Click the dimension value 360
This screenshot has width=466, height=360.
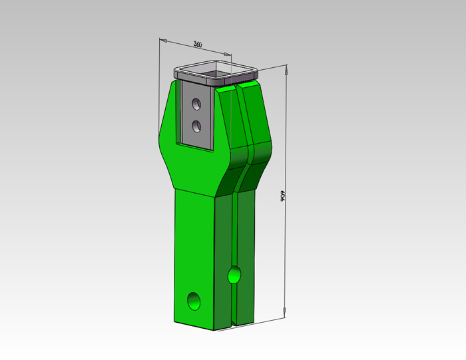click(198, 45)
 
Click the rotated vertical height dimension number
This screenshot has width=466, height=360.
click(283, 196)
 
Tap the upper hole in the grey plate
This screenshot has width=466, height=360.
click(196, 104)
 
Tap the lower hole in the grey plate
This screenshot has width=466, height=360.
click(196, 126)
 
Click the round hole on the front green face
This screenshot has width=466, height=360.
click(194, 301)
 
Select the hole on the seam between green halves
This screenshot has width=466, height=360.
click(234, 275)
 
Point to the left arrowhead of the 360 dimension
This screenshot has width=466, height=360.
click(163, 40)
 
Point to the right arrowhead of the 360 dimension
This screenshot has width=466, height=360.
click(228, 54)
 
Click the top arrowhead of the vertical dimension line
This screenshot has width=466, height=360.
click(286, 69)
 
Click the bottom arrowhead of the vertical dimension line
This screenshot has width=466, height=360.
click(284, 313)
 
